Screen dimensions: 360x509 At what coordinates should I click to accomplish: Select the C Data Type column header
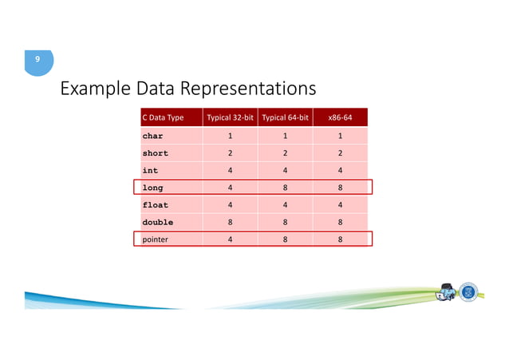point(163,117)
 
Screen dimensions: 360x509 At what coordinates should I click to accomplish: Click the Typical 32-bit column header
point(230,117)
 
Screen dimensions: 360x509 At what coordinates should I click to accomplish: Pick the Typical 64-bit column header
point(285,117)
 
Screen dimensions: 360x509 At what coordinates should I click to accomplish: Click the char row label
point(152,136)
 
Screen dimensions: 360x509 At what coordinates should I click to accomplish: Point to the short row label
point(155,153)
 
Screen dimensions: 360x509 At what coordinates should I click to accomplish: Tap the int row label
point(150,170)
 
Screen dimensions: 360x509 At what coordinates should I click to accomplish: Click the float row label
point(155,205)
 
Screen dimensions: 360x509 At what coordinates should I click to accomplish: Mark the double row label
point(157,222)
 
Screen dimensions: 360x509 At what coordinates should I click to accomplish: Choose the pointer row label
point(155,239)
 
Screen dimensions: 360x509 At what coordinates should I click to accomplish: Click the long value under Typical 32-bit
point(230,188)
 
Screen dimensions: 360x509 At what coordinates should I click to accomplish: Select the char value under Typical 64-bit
point(285,136)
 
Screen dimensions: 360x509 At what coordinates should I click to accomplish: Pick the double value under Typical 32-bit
point(230,222)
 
